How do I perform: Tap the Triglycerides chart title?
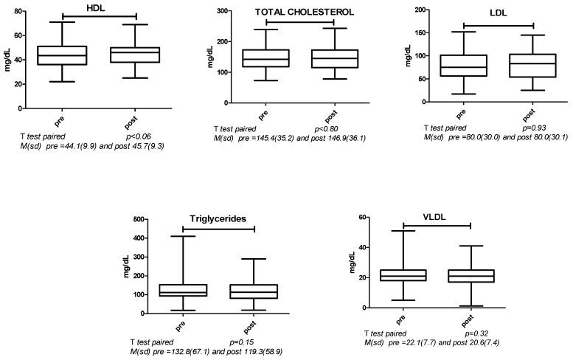pyautogui.click(x=218, y=218)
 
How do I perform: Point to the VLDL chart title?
pyautogui.click(x=437, y=218)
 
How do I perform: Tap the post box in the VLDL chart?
pyautogui.click(x=468, y=276)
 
